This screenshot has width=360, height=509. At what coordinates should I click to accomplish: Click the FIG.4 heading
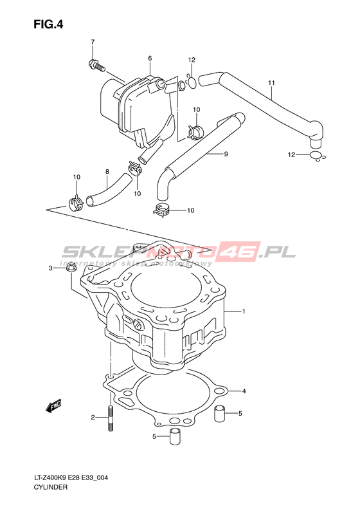[x=48, y=24]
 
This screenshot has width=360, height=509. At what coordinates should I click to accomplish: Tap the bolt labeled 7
[x=96, y=65]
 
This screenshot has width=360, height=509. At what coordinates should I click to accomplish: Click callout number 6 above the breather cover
[x=150, y=59]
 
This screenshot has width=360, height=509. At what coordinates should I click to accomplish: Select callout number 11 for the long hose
[x=271, y=83]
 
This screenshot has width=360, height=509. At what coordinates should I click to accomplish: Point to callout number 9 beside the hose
[x=226, y=154]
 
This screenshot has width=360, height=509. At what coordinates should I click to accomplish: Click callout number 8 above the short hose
[x=107, y=171]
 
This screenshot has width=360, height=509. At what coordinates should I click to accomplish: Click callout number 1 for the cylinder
[x=244, y=311]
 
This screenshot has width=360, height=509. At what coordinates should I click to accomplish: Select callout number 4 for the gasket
[x=244, y=391]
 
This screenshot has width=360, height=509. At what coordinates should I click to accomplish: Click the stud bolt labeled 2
[x=111, y=418]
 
